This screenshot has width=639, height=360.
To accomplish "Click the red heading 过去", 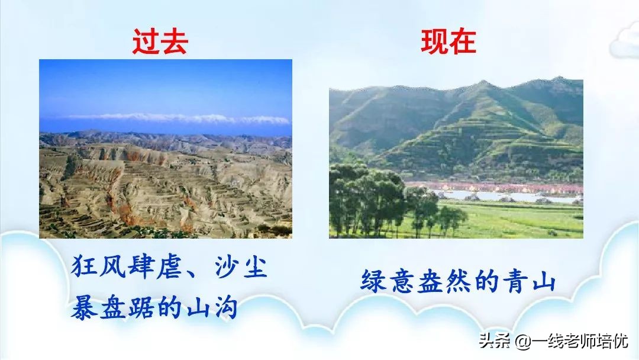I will pos(159,43).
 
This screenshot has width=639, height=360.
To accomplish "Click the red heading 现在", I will pos(448,43).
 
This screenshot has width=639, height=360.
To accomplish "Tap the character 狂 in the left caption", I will pos(84,268).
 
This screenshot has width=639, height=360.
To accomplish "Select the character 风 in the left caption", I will pos(113,268).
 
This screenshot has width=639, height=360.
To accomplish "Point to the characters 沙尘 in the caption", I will pos(240,268).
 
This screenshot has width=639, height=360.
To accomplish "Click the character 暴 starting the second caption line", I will pos(84,308).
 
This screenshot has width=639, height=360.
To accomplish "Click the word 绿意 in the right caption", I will pos(390,282).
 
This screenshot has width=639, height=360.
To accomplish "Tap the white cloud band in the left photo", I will pos(177,118).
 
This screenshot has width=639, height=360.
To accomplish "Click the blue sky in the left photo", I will pos(166,86).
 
